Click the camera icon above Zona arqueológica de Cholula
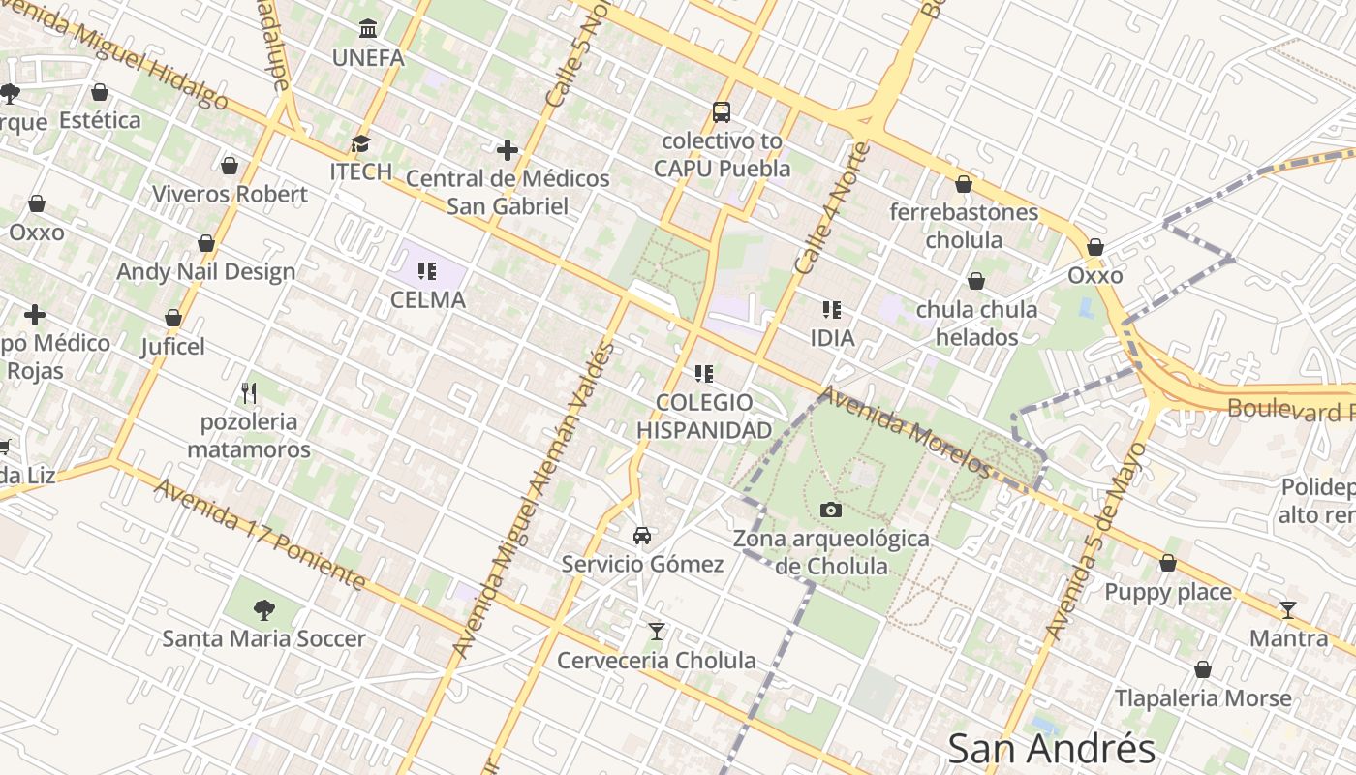(830, 510)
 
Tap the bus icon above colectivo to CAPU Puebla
(722, 111)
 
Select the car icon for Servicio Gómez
(641, 535)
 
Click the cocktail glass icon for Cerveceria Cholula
(657, 632)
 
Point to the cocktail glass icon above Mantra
(1287, 609)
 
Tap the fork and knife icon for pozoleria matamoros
(249, 392)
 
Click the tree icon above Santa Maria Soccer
(263, 609)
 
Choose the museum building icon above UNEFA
(368, 28)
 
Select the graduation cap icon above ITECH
(360, 143)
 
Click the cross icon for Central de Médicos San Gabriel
(507, 150)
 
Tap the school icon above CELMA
(427, 270)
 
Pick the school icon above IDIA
(831, 310)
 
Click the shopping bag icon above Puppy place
(1168, 563)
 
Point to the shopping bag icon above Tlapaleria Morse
(1202, 669)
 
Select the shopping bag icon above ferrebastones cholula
(964, 184)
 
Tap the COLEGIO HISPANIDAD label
(704, 416)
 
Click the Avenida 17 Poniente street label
(260, 534)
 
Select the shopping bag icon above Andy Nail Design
(206, 243)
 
